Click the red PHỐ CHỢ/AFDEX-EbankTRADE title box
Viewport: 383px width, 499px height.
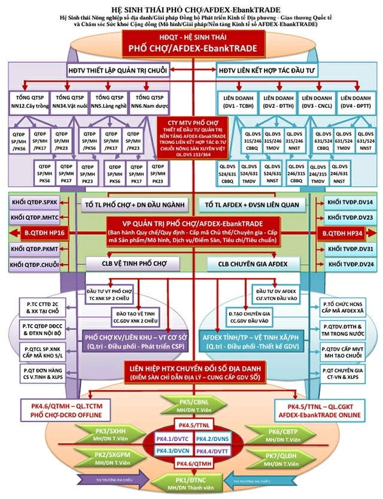click(x=191, y=48)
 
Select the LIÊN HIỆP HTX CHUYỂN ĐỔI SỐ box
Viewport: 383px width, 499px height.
click(x=191, y=372)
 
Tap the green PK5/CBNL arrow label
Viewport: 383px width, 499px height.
click(x=191, y=404)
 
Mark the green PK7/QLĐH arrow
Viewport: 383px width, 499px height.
click(x=278, y=458)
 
